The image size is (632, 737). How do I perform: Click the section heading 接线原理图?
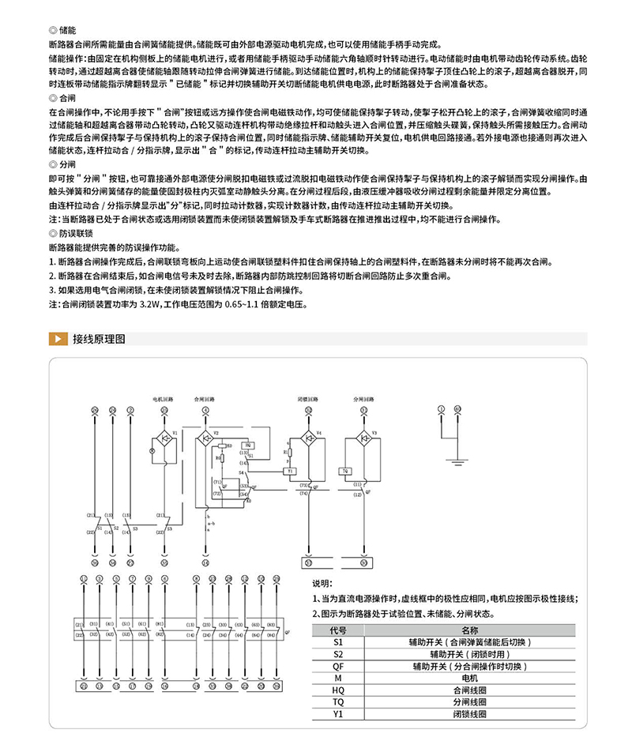99,340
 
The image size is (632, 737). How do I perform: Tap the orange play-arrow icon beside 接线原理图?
57,340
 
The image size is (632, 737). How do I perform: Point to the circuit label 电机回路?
163,400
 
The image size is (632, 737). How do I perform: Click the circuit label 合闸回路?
204,400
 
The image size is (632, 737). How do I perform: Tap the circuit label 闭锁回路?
308,400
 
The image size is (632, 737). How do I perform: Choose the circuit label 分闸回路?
363,400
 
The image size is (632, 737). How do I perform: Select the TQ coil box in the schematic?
346,471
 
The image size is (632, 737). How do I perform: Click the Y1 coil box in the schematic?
291,471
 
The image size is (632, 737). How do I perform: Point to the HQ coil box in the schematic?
246,446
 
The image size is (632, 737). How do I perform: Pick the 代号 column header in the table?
338,630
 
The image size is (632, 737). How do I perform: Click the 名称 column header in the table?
469,630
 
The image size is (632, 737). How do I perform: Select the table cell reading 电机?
469,678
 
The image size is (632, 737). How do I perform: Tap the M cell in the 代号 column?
338,678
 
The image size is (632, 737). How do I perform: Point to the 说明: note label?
322,584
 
